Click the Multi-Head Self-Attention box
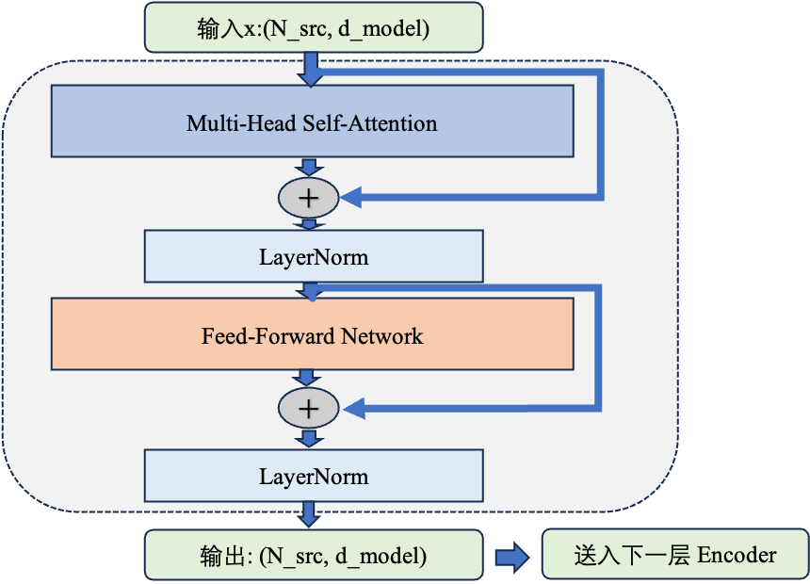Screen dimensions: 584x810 [x=312, y=121]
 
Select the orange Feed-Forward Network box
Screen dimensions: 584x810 [x=312, y=333]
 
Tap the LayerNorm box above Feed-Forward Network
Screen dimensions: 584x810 [x=313, y=256]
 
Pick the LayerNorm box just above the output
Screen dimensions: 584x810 [x=313, y=475]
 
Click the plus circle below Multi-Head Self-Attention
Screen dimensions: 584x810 [x=308, y=197]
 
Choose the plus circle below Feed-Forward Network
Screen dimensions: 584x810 [x=308, y=408]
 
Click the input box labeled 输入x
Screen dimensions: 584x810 [x=313, y=28]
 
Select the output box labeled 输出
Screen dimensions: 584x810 [x=313, y=556]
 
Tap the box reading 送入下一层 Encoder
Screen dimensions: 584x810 [x=674, y=556]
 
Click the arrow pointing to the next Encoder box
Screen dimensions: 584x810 [x=512, y=557]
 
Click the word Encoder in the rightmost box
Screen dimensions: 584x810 [x=737, y=556]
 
